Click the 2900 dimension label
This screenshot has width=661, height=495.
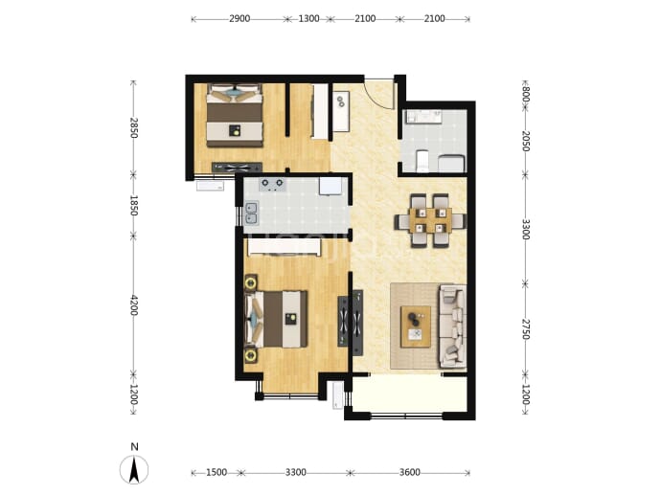[239, 19]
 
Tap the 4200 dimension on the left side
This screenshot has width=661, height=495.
[133, 305]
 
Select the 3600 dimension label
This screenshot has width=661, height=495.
[409, 473]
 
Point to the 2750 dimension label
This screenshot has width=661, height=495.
[525, 329]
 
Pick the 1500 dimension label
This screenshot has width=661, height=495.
[217, 473]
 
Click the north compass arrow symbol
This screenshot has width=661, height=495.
[134, 470]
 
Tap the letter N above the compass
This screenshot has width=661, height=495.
[134, 447]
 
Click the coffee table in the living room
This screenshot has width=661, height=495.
[416, 326]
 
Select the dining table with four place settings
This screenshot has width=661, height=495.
[430, 221]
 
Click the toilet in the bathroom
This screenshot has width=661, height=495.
[422, 162]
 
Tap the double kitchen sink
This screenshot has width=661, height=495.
[251, 214]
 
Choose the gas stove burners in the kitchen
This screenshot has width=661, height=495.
[272, 185]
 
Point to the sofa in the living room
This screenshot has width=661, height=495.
[453, 325]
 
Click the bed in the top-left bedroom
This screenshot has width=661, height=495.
[235, 116]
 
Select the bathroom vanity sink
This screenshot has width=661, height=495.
[423, 117]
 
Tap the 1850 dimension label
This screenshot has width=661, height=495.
[133, 205]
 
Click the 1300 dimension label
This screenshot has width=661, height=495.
[308, 19]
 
